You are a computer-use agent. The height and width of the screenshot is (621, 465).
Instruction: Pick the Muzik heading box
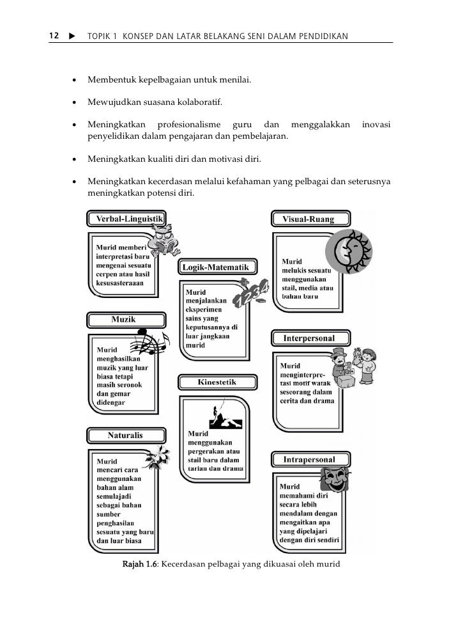pyautogui.click(x=123, y=318)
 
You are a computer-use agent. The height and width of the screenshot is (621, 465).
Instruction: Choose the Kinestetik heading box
pyautogui.click(x=218, y=382)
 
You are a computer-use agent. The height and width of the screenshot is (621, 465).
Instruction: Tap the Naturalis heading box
pyautogui.click(x=125, y=436)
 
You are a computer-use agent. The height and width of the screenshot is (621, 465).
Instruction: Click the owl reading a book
pyautogui.click(x=165, y=237)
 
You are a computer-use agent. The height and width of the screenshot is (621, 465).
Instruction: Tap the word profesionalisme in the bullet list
pyautogui.click(x=189, y=124)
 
